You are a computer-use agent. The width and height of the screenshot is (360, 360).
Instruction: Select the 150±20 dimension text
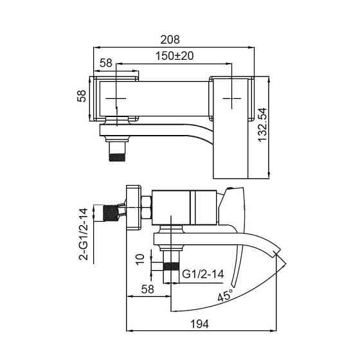[x=175, y=56]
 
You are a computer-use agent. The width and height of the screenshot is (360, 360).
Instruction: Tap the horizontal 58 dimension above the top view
[x=106, y=62]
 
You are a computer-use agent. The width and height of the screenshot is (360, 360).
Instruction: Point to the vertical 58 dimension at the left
[x=81, y=96]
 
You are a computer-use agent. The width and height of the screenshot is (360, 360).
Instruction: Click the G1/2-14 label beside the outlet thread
[x=203, y=273]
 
